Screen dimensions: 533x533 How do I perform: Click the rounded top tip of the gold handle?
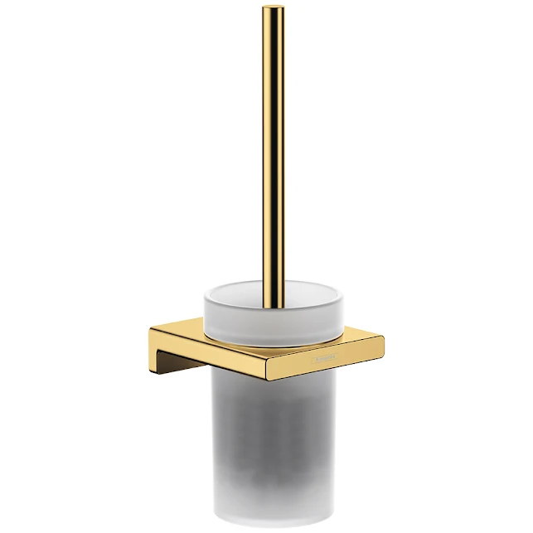click(274, 9)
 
